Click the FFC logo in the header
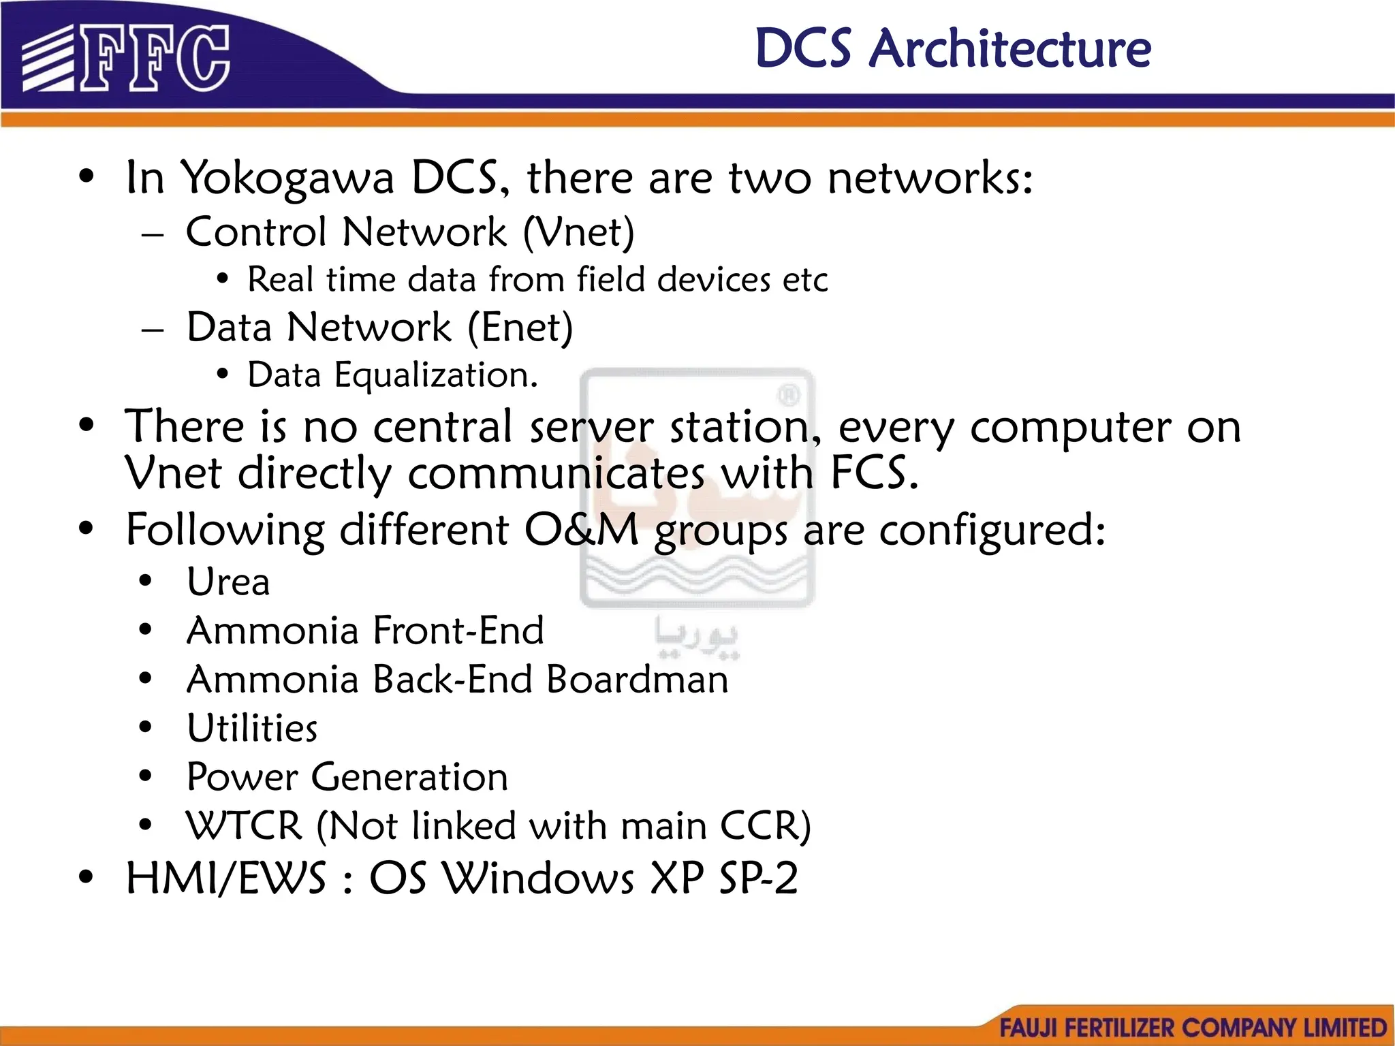126,58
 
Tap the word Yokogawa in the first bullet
289,178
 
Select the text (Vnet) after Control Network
579,232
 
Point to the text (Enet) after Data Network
520,328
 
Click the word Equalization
436,375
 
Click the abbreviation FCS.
874,473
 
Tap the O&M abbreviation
581,530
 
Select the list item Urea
228,582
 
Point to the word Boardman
637,680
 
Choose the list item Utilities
252,728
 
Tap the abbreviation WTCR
244,826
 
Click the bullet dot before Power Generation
145,776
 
